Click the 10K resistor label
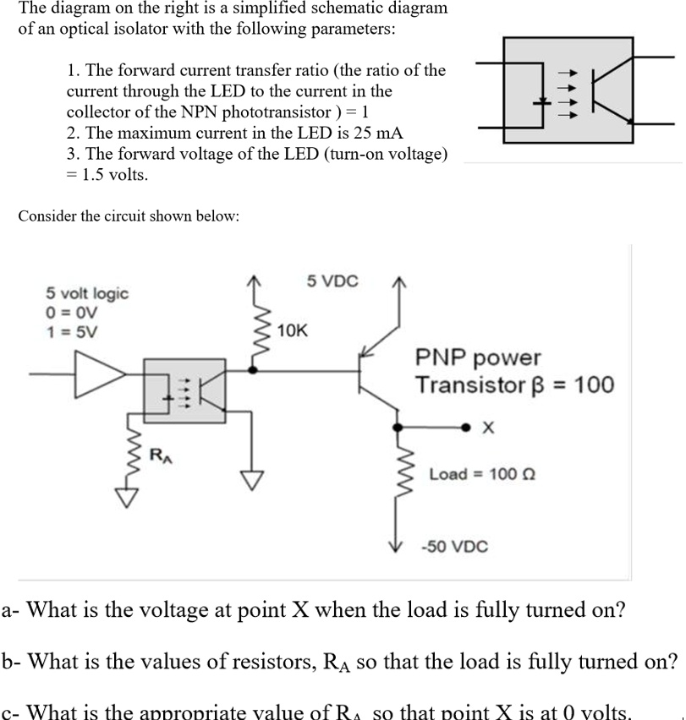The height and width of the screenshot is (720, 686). [294, 330]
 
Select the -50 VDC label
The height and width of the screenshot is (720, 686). [454, 546]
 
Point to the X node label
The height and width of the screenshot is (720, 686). [486, 428]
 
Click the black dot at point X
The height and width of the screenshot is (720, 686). [464, 428]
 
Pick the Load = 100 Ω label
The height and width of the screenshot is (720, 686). [473, 473]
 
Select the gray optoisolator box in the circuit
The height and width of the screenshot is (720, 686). [184, 389]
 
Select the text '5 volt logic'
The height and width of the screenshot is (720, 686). [87, 293]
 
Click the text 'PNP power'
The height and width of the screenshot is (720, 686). [478, 358]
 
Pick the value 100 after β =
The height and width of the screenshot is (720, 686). [595, 385]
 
